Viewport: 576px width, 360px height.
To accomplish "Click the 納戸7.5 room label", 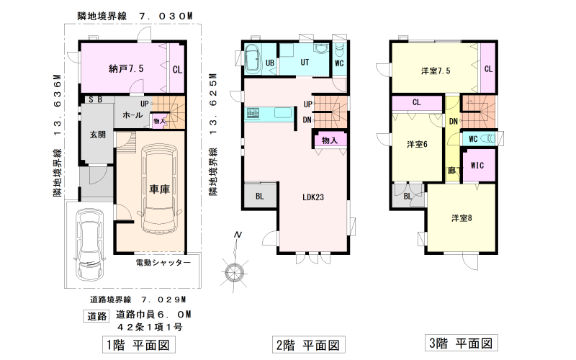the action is (126, 68).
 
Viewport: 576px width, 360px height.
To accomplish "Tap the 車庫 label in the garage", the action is (159, 189).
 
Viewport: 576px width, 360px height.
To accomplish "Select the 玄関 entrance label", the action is (97, 135).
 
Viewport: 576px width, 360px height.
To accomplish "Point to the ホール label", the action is (132, 115).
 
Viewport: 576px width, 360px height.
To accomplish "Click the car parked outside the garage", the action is (90, 244).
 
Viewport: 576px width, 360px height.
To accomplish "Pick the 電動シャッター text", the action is (163, 262).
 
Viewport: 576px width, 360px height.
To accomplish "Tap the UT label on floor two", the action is (305, 63).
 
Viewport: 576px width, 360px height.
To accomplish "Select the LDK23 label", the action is (313, 197).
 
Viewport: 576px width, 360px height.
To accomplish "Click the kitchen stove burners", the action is (253, 113).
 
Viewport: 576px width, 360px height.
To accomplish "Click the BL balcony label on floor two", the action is (260, 197).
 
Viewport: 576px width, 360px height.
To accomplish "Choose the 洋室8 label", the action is (462, 218).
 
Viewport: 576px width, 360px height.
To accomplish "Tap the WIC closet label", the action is (477, 166).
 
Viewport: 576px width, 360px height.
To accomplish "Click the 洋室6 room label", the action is (417, 145).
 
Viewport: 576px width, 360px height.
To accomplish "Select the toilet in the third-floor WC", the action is (488, 139).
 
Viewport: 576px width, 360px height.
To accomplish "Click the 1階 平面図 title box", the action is (138, 345).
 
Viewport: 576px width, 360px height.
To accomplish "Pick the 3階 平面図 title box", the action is (461, 343).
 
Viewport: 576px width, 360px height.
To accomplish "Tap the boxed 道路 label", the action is (97, 316).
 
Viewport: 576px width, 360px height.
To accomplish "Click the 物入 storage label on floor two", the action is (330, 140).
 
